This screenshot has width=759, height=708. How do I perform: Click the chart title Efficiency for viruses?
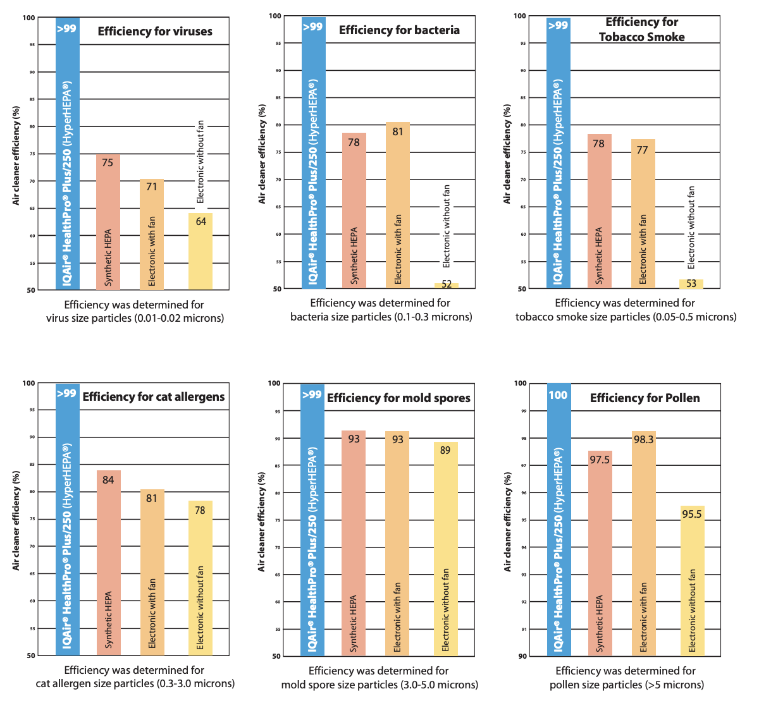pos(155,32)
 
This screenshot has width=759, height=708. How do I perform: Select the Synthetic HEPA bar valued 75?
pos(108,222)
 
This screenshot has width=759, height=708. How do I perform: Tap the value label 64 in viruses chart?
pos(201,222)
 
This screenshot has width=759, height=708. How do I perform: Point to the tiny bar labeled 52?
pos(447,285)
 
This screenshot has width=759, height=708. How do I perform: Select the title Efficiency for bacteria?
pos(399,30)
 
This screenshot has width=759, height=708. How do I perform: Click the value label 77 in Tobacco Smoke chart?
pos(643,150)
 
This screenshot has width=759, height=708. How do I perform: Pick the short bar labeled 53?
pos(691,284)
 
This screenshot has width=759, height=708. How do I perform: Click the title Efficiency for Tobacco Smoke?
pos(642,30)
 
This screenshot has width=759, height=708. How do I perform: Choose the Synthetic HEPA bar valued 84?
pos(108,563)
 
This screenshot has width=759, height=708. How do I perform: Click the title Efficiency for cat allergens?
pos(154,397)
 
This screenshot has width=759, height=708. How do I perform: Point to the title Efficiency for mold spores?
pos(398,398)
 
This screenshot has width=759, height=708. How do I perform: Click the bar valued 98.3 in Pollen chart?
pos(643,544)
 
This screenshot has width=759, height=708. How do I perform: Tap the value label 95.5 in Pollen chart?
pos(692,514)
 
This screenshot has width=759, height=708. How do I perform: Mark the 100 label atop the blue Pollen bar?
pos(558,395)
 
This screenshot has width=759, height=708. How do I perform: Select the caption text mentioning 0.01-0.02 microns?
pos(135,318)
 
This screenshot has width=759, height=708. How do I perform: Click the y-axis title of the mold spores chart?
pos(262,522)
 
